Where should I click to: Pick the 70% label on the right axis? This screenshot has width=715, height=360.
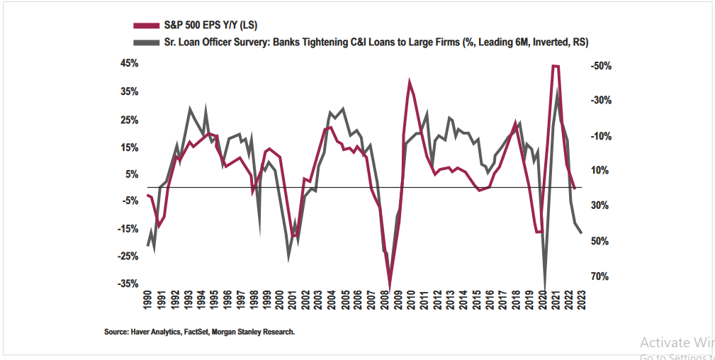click(x=600, y=276)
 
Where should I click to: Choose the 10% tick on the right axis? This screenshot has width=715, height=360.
click(x=600, y=170)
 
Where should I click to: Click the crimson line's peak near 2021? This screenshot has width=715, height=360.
click(x=556, y=66)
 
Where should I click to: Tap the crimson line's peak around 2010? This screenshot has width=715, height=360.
click(x=410, y=81)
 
